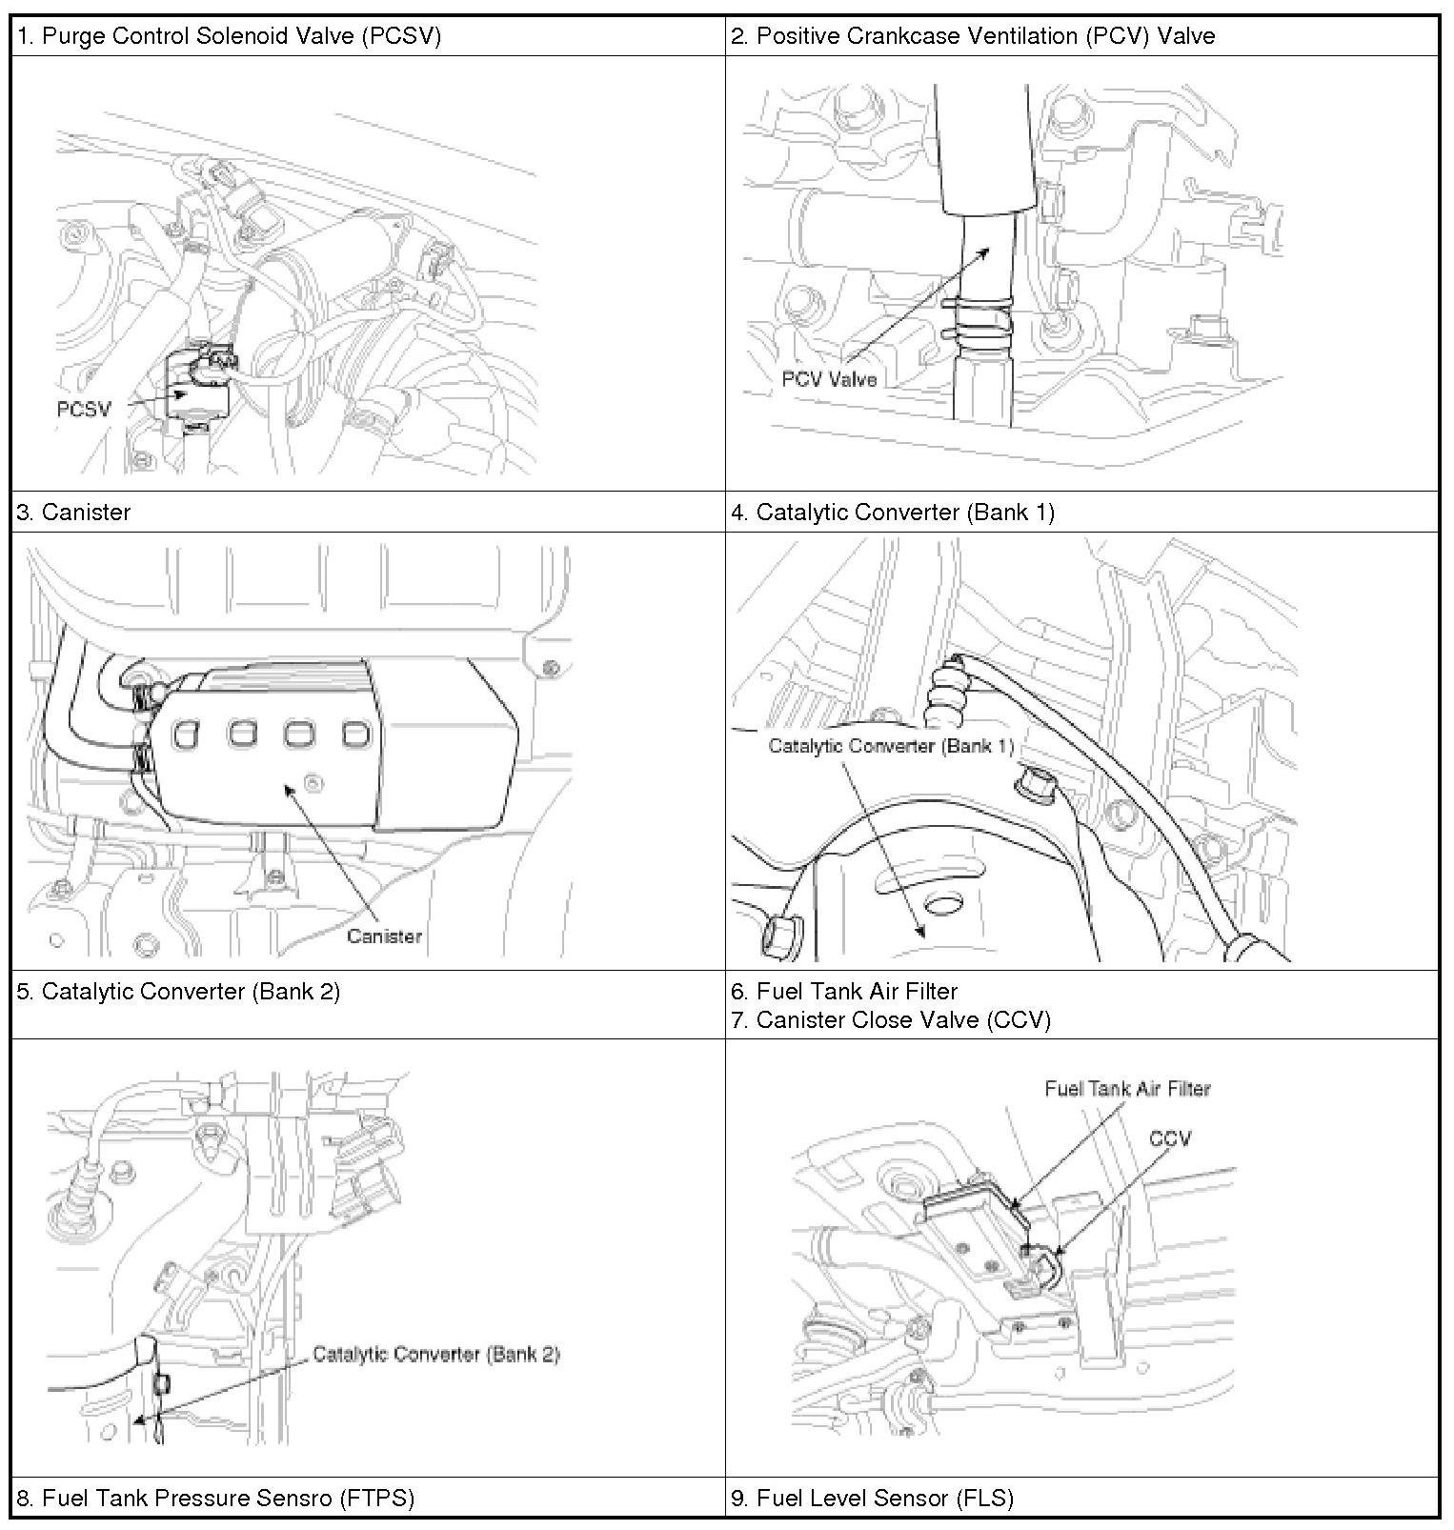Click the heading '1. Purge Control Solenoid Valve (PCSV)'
click(x=229, y=37)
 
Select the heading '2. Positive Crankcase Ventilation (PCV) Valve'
click(x=973, y=37)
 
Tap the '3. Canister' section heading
click(x=73, y=513)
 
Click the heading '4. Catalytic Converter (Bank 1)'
click(x=893, y=513)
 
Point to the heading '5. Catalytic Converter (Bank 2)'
click(x=178, y=992)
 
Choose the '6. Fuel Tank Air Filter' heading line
click(x=844, y=992)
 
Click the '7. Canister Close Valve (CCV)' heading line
click(x=891, y=1020)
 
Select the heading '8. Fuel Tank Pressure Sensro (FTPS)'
click(x=215, y=1499)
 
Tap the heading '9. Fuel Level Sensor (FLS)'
click(x=872, y=1499)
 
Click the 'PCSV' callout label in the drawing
click(x=84, y=409)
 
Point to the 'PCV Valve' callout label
click(x=829, y=379)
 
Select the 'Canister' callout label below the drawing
click(x=384, y=936)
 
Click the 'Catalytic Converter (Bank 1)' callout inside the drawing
click(x=891, y=745)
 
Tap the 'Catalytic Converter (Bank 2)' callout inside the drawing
click(x=436, y=1354)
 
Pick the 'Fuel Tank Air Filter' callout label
click(x=1127, y=1089)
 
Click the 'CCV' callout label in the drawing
click(x=1170, y=1138)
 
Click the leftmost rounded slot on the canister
click(x=187, y=734)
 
